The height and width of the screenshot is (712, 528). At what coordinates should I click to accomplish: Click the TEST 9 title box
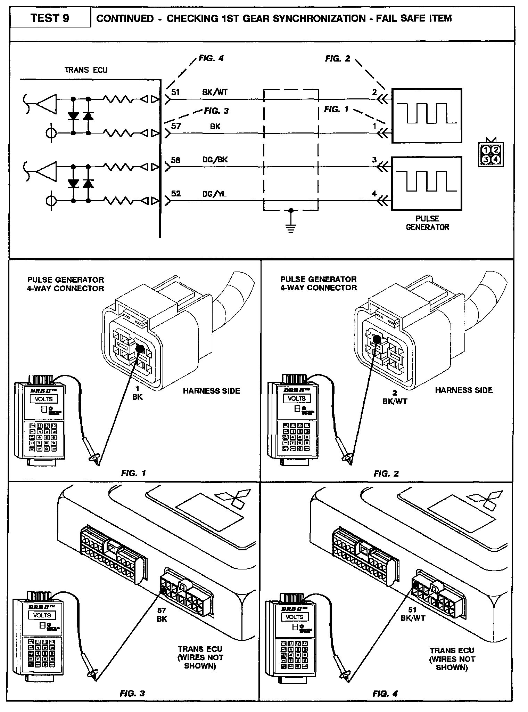(50, 18)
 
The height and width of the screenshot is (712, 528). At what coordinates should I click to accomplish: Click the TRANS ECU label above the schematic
(86, 70)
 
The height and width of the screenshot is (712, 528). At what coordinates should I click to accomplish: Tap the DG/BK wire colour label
(215, 160)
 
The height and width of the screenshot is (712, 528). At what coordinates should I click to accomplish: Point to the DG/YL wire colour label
(214, 194)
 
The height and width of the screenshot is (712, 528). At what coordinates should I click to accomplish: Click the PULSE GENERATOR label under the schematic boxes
(427, 223)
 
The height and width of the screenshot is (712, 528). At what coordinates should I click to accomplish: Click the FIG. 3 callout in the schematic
(216, 111)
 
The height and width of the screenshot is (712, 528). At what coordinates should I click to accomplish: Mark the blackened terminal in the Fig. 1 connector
(140, 349)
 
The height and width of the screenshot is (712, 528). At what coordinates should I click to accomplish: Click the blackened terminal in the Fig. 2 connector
(377, 338)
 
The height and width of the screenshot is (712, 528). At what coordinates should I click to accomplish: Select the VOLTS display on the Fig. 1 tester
(43, 399)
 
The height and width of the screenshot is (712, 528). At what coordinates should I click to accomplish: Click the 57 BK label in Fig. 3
(162, 615)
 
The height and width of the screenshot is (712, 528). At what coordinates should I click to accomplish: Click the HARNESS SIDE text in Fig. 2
(464, 390)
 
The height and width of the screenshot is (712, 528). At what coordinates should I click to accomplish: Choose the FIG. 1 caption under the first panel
(133, 473)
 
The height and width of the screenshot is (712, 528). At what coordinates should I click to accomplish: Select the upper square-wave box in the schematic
(427, 116)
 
